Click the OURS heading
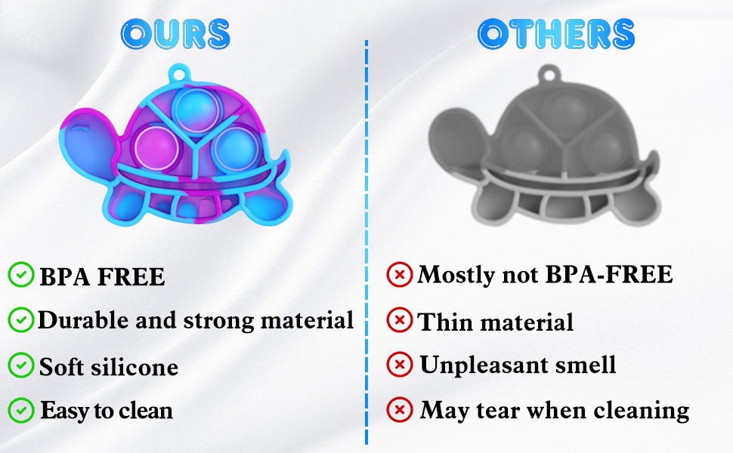(x=175, y=34)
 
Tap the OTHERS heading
(x=556, y=34)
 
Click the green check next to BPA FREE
(x=20, y=276)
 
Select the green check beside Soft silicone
(x=20, y=366)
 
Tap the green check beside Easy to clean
(x=20, y=411)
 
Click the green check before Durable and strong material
(x=20, y=320)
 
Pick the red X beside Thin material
(x=399, y=321)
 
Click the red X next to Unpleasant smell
(x=399, y=365)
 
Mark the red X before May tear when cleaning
(x=399, y=410)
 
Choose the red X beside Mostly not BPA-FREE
(x=399, y=274)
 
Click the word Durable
(x=83, y=320)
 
